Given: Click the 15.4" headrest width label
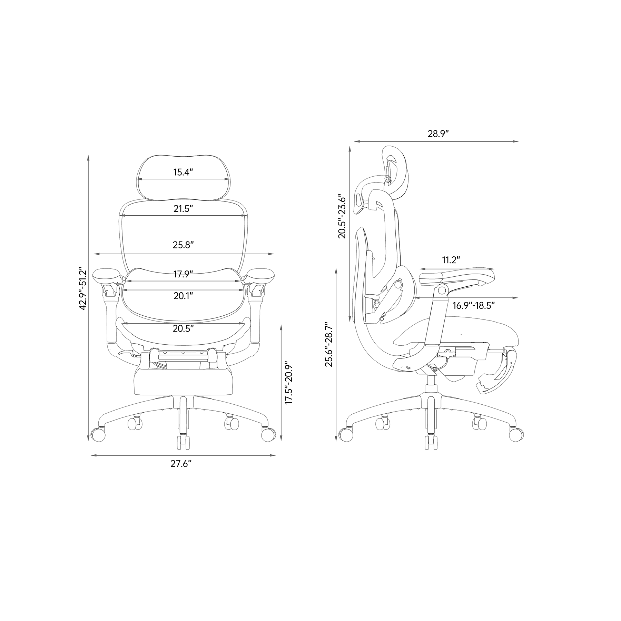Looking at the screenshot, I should [x=183, y=172].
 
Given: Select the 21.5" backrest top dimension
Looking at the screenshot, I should [x=183, y=208].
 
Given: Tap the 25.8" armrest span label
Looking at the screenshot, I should [x=183, y=245].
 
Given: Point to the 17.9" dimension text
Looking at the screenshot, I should [x=183, y=274].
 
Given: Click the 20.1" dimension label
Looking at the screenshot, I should [x=183, y=296].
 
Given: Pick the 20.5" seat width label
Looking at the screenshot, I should [x=183, y=328].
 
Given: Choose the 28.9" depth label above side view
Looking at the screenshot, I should [x=438, y=134].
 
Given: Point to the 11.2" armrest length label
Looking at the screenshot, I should [x=451, y=260].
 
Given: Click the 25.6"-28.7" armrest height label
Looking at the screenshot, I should [x=328, y=345].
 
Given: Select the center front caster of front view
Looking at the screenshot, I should [x=183, y=442].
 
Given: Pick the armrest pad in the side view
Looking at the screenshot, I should [x=457, y=276].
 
